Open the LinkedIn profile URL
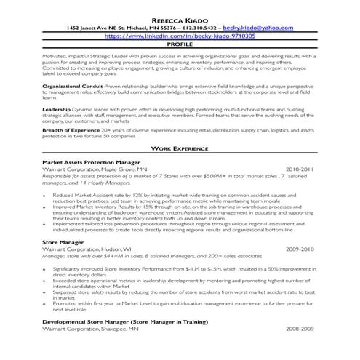point(180,35)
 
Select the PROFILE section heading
point(180,44)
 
